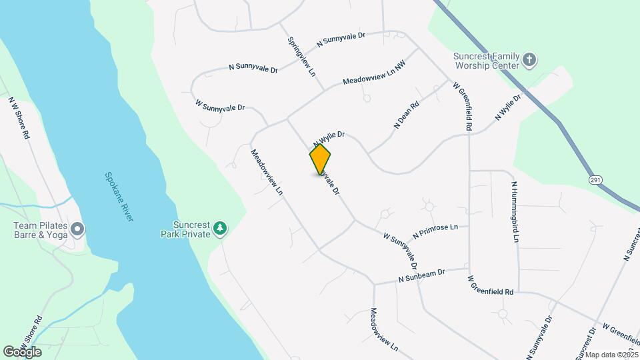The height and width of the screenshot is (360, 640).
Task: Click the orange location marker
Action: (320, 159)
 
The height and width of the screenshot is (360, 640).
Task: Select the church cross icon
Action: (530, 60)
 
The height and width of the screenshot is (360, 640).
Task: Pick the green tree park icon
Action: (220, 229)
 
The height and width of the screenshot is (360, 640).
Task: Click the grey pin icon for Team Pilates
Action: (77, 230)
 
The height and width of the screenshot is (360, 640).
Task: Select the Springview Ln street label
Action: (301, 56)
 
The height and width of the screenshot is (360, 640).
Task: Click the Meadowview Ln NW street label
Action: (373, 73)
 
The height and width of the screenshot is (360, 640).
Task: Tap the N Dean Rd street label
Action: (406, 114)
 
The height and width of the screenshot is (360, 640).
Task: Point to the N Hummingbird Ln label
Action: (515, 212)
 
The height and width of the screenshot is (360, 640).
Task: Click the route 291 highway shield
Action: (595, 180)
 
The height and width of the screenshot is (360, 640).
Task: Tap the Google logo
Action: (22, 351)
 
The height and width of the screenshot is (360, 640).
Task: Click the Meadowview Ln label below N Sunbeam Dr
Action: (384, 329)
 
